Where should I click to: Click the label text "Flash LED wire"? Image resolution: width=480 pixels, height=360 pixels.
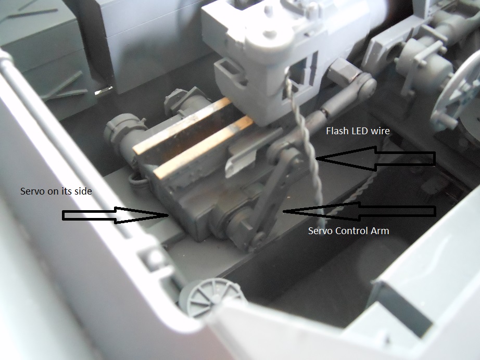(358, 131)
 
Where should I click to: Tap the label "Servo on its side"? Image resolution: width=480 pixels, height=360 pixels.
(56, 191)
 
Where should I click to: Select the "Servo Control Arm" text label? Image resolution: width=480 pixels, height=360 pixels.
(348, 230)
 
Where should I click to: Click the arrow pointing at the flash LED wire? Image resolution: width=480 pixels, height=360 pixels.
(375, 159)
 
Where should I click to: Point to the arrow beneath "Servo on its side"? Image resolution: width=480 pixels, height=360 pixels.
(116, 215)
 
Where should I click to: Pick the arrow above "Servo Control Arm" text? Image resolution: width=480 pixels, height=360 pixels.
(359, 211)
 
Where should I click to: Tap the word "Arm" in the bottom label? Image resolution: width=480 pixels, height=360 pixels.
(380, 230)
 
